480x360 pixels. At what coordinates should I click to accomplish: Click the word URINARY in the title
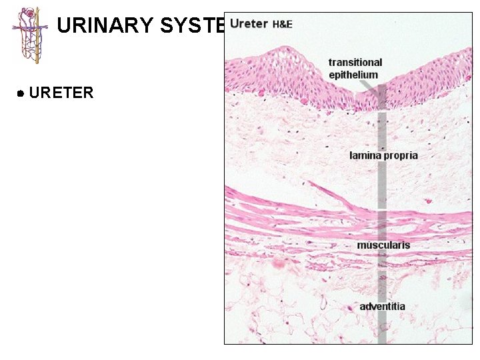(x=104, y=25)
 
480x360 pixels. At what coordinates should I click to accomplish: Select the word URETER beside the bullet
(x=61, y=93)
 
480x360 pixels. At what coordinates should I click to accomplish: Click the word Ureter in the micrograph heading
(x=248, y=24)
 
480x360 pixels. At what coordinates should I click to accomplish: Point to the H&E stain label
(x=282, y=25)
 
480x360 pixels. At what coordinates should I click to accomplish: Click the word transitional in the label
(x=355, y=63)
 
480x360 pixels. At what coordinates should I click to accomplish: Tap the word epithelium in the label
(x=353, y=75)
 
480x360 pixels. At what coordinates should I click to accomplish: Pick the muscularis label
(x=383, y=245)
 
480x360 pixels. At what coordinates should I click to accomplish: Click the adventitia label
(x=382, y=307)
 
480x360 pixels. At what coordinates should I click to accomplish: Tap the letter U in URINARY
(x=64, y=25)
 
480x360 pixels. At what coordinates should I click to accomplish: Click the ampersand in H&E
(x=282, y=25)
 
